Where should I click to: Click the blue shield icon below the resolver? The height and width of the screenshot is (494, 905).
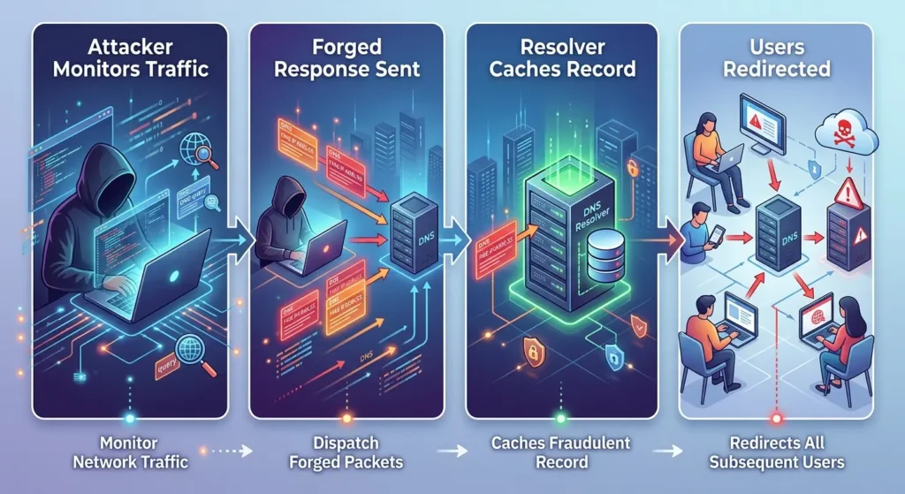pyautogui.click(x=613, y=357)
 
